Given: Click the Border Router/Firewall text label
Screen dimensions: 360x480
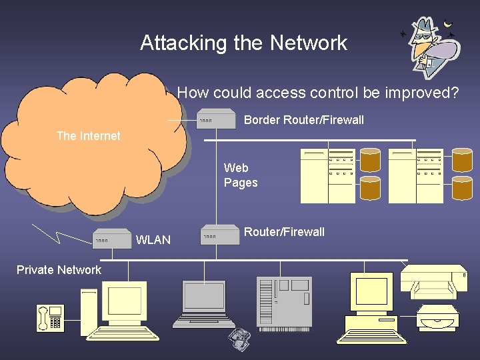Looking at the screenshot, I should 303,120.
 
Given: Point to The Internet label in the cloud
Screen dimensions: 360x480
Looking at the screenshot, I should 88,136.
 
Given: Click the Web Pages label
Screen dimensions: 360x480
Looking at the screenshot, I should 240,175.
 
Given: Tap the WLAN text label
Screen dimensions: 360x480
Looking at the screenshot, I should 153,240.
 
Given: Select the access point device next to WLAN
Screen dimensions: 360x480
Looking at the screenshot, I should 111,239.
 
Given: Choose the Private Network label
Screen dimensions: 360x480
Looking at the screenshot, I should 59,270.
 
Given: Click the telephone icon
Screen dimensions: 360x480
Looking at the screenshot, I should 50,318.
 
